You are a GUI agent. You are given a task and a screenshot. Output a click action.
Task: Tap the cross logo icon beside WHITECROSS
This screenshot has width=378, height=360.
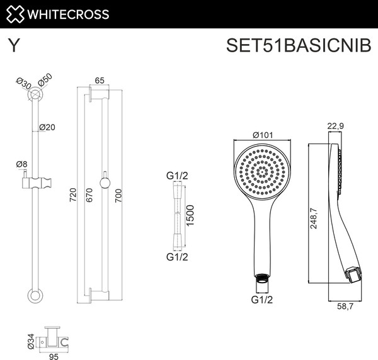point(15,13)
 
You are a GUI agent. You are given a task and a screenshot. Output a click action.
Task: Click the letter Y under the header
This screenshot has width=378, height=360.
point(13,47)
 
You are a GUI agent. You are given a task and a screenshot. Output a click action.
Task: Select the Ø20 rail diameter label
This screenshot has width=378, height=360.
point(47,127)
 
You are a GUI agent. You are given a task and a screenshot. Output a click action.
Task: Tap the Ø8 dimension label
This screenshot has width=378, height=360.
point(22,165)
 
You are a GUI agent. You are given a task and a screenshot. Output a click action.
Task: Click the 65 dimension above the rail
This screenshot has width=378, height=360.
point(100,80)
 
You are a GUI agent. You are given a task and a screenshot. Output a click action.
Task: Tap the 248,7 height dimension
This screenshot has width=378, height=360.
point(314,221)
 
